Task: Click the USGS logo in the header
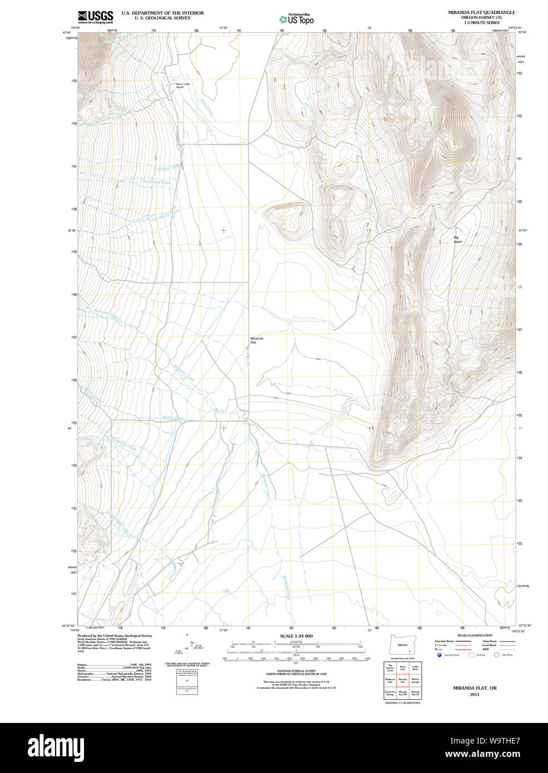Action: [x=95, y=17]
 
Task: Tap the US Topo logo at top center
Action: [x=296, y=19]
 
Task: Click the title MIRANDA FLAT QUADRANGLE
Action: [x=481, y=12]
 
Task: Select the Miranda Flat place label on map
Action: [x=256, y=340]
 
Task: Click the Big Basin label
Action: [x=457, y=240]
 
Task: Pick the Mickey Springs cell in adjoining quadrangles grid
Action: [x=415, y=681]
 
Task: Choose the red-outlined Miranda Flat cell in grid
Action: [x=402, y=681]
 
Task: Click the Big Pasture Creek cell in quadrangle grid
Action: [x=390, y=668]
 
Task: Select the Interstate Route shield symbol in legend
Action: [x=441, y=655]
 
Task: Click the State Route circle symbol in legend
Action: [x=497, y=655]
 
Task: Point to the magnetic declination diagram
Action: [x=187, y=648]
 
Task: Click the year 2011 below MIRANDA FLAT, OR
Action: [x=474, y=695]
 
